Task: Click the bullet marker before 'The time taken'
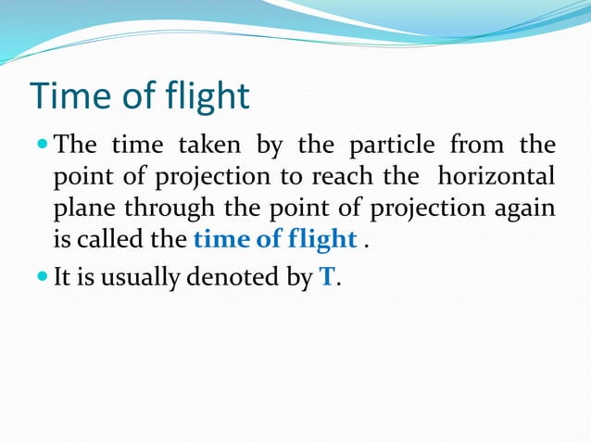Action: pyautogui.click(x=44, y=145)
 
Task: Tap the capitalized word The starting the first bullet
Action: pyautogui.click(x=76, y=146)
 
